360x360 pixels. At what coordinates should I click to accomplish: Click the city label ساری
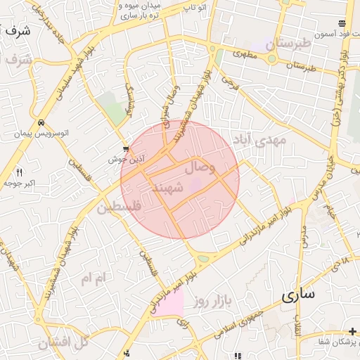[299, 295]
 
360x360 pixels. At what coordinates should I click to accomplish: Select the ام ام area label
[92, 279]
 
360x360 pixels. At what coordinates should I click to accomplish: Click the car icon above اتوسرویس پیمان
[42, 121]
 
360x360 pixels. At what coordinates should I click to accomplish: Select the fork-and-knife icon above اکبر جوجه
[19, 172]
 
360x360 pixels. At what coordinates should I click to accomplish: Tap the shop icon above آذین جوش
[126, 148]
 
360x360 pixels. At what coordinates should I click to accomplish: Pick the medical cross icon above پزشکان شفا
[352, 331]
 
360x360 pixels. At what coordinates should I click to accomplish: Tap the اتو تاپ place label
[193, 6]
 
